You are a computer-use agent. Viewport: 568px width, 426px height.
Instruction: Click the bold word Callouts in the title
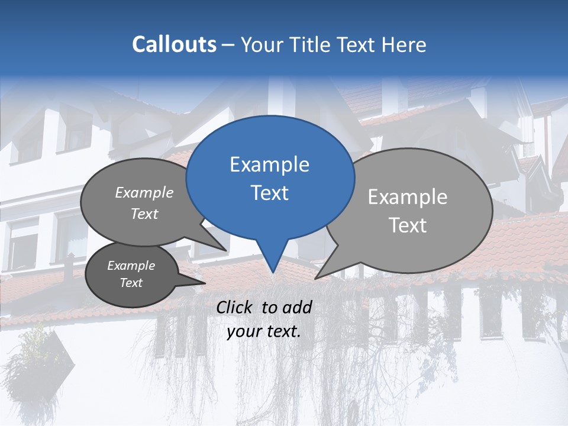(174, 44)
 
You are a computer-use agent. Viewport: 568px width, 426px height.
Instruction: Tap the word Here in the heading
(404, 44)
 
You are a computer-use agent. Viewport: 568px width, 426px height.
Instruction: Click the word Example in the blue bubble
(269, 164)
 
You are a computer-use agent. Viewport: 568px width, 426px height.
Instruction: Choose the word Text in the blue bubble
(269, 193)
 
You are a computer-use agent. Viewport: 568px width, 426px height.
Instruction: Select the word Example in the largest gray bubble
(407, 197)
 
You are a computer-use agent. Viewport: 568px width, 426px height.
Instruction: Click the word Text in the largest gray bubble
(407, 225)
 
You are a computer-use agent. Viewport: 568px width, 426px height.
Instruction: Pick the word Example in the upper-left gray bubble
(144, 192)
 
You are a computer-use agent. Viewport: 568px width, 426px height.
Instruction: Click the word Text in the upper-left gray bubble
(144, 214)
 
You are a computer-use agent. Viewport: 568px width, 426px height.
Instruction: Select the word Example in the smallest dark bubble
(131, 266)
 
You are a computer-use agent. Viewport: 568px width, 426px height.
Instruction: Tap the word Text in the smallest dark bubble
(131, 283)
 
